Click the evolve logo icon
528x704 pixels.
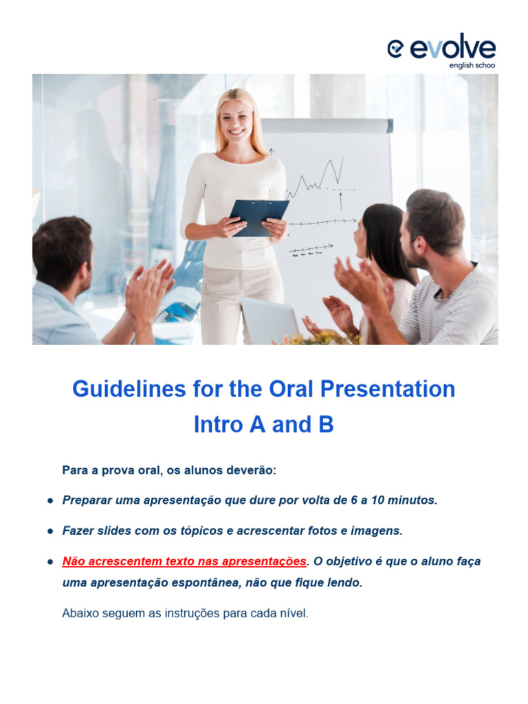click(x=395, y=49)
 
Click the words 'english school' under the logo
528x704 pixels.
click(x=472, y=65)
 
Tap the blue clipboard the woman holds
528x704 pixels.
click(x=259, y=218)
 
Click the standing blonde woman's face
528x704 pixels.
click(x=236, y=120)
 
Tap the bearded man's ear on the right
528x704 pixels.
click(x=420, y=245)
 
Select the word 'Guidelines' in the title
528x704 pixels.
click(x=129, y=389)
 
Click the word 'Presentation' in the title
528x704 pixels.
click(x=388, y=389)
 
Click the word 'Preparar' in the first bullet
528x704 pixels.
click(x=87, y=500)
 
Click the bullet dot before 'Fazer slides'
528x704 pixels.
click(x=50, y=531)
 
